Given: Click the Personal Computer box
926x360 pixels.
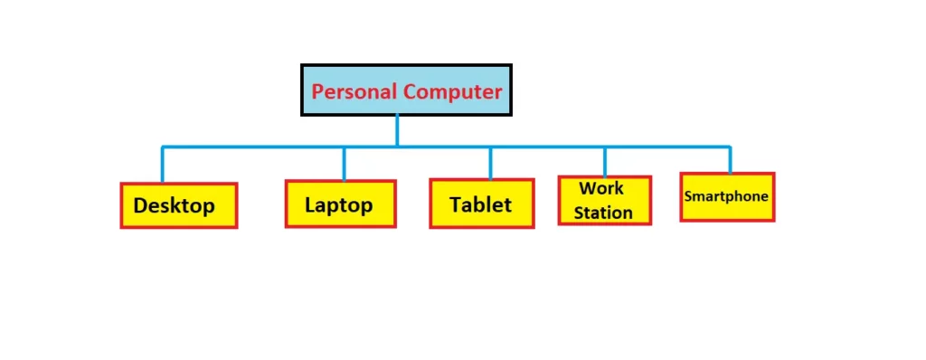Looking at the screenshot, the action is click(x=406, y=90).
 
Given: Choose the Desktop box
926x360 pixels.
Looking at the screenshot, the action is click(x=178, y=205).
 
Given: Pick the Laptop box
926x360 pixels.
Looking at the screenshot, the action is click(x=341, y=204).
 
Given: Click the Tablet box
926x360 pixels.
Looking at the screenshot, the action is click(x=482, y=204).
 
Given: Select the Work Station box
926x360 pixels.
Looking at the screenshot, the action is click(x=604, y=200).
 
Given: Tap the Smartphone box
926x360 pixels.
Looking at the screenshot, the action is click(x=727, y=196).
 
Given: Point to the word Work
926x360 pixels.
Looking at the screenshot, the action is click(x=601, y=189).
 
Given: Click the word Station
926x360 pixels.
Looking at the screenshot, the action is click(x=603, y=213).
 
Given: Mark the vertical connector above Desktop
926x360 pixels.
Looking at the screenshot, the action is click(x=163, y=165).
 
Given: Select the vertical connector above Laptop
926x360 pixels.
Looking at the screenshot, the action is click(x=344, y=164).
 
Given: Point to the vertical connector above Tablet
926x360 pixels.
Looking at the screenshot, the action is click(x=490, y=163).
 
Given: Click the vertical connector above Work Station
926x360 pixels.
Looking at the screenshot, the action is click(x=605, y=161).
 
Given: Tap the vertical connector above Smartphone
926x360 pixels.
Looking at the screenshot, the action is click(x=730, y=159).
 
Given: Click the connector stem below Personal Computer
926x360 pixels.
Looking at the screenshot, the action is click(x=397, y=130).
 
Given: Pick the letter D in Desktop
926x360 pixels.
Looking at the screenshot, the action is click(x=141, y=206).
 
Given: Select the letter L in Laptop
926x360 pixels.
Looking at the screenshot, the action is click(x=310, y=204).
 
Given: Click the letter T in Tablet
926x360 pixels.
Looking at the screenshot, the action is click(x=456, y=204).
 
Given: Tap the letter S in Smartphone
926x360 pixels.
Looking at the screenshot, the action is click(x=688, y=196).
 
